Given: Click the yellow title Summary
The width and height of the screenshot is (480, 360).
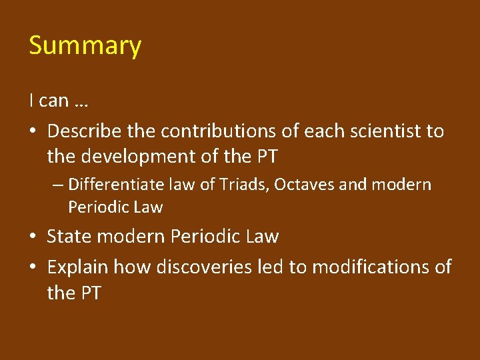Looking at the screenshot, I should [85, 46].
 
